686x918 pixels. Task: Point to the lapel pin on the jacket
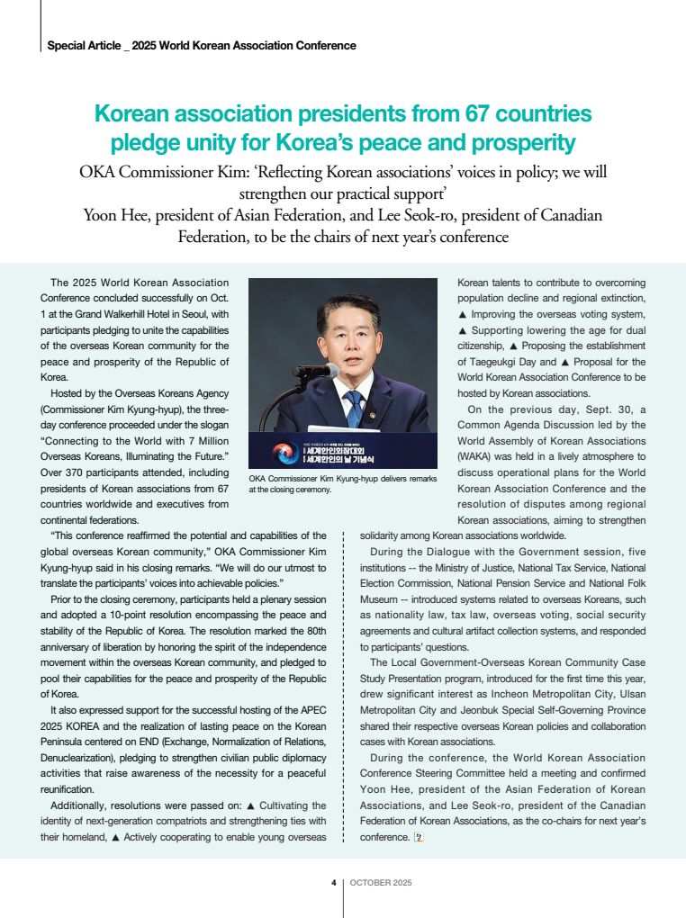(375, 416)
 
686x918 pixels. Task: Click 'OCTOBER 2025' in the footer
(380, 883)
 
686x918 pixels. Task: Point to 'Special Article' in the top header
(82, 46)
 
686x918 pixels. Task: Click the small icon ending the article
(418, 837)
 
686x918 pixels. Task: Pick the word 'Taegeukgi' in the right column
(487, 362)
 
